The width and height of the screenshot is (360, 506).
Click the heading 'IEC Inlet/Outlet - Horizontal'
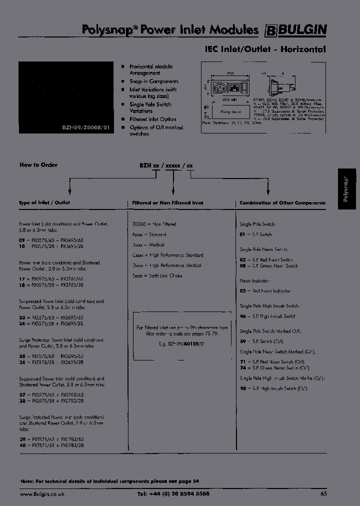click(x=265, y=49)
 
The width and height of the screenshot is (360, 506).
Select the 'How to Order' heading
click(x=38, y=165)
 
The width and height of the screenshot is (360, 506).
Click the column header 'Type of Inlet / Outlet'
click(x=44, y=203)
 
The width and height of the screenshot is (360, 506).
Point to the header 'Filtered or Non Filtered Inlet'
click(x=167, y=203)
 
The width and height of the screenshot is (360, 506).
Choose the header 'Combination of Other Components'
click(x=282, y=203)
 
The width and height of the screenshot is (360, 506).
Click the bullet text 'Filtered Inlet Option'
click(x=152, y=119)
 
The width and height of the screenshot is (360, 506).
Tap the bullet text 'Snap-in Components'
click(x=153, y=81)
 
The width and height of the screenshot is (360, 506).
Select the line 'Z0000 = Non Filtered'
click(x=154, y=224)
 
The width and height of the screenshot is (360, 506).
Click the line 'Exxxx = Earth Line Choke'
click(x=157, y=275)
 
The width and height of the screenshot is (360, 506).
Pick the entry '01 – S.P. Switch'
click(x=255, y=234)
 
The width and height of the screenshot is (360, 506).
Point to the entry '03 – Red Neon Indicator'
click(x=264, y=291)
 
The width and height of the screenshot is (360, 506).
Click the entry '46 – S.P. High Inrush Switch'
click(x=267, y=316)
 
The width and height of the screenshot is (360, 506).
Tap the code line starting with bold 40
click(x=51, y=444)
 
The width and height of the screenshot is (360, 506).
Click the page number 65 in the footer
click(x=323, y=493)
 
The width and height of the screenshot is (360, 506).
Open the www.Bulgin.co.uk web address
click(x=42, y=493)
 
